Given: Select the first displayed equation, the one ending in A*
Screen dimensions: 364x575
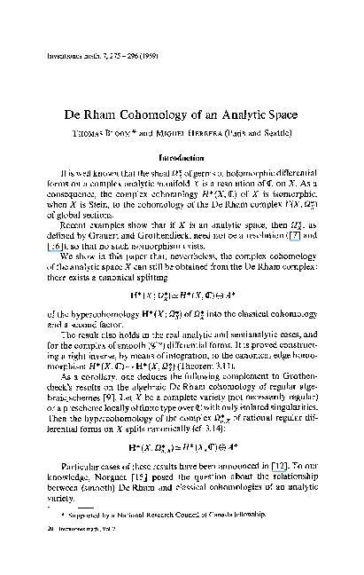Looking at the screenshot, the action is tap(182, 292).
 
